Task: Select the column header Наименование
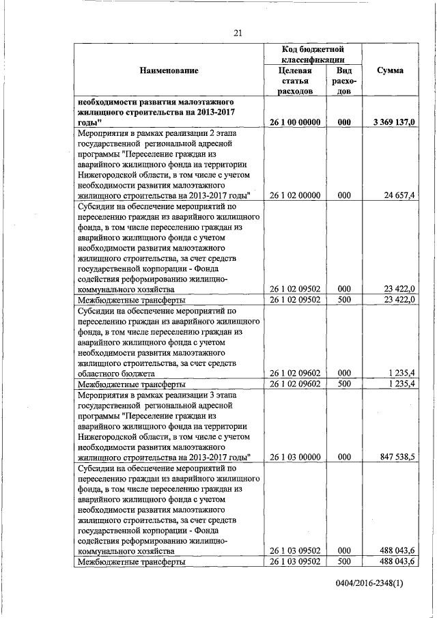click(x=169, y=70)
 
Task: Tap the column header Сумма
click(x=389, y=70)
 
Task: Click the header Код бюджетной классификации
click(x=312, y=55)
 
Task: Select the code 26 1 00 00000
click(x=296, y=122)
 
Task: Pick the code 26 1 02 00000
click(x=296, y=195)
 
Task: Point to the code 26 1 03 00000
click(x=296, y=456)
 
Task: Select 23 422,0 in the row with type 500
click(x=399, y=299)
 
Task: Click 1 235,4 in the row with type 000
click(x=402, y=374)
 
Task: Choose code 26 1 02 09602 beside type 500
click(x=296, y=384)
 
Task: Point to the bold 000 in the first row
click(x=344, y=122)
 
